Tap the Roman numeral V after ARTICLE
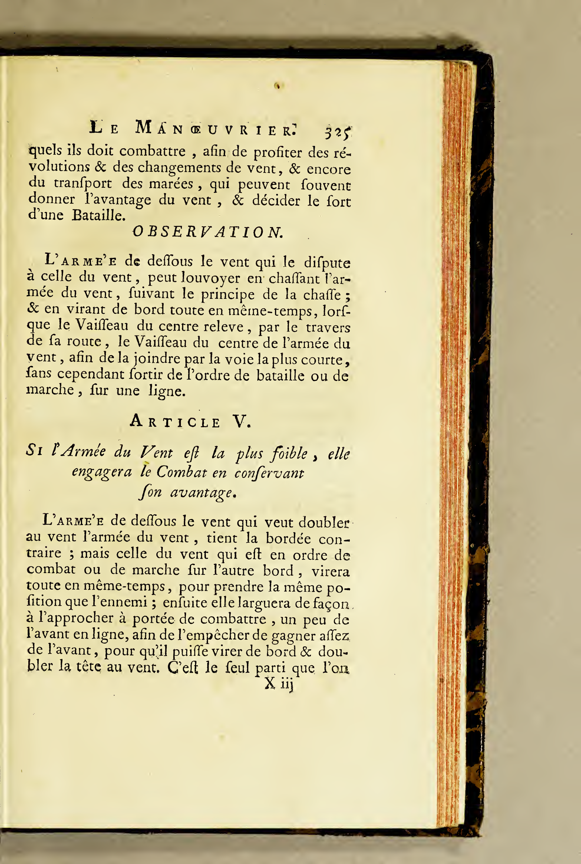pos(241,421)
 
